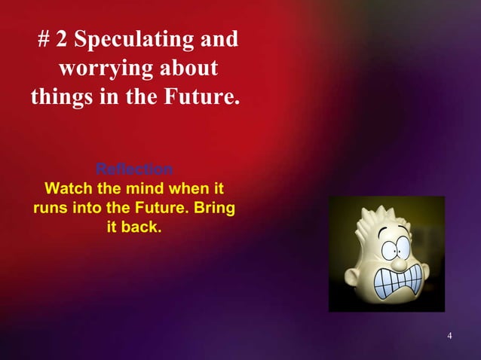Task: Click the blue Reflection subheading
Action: pyautogui.click(x=134, y=168)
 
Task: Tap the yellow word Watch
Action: pyautogui.click(x=69, y=187)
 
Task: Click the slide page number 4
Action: pyautogui.click(x=449, y=335)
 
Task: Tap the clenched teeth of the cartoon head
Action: pyautogui.click(x=397, y=277)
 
